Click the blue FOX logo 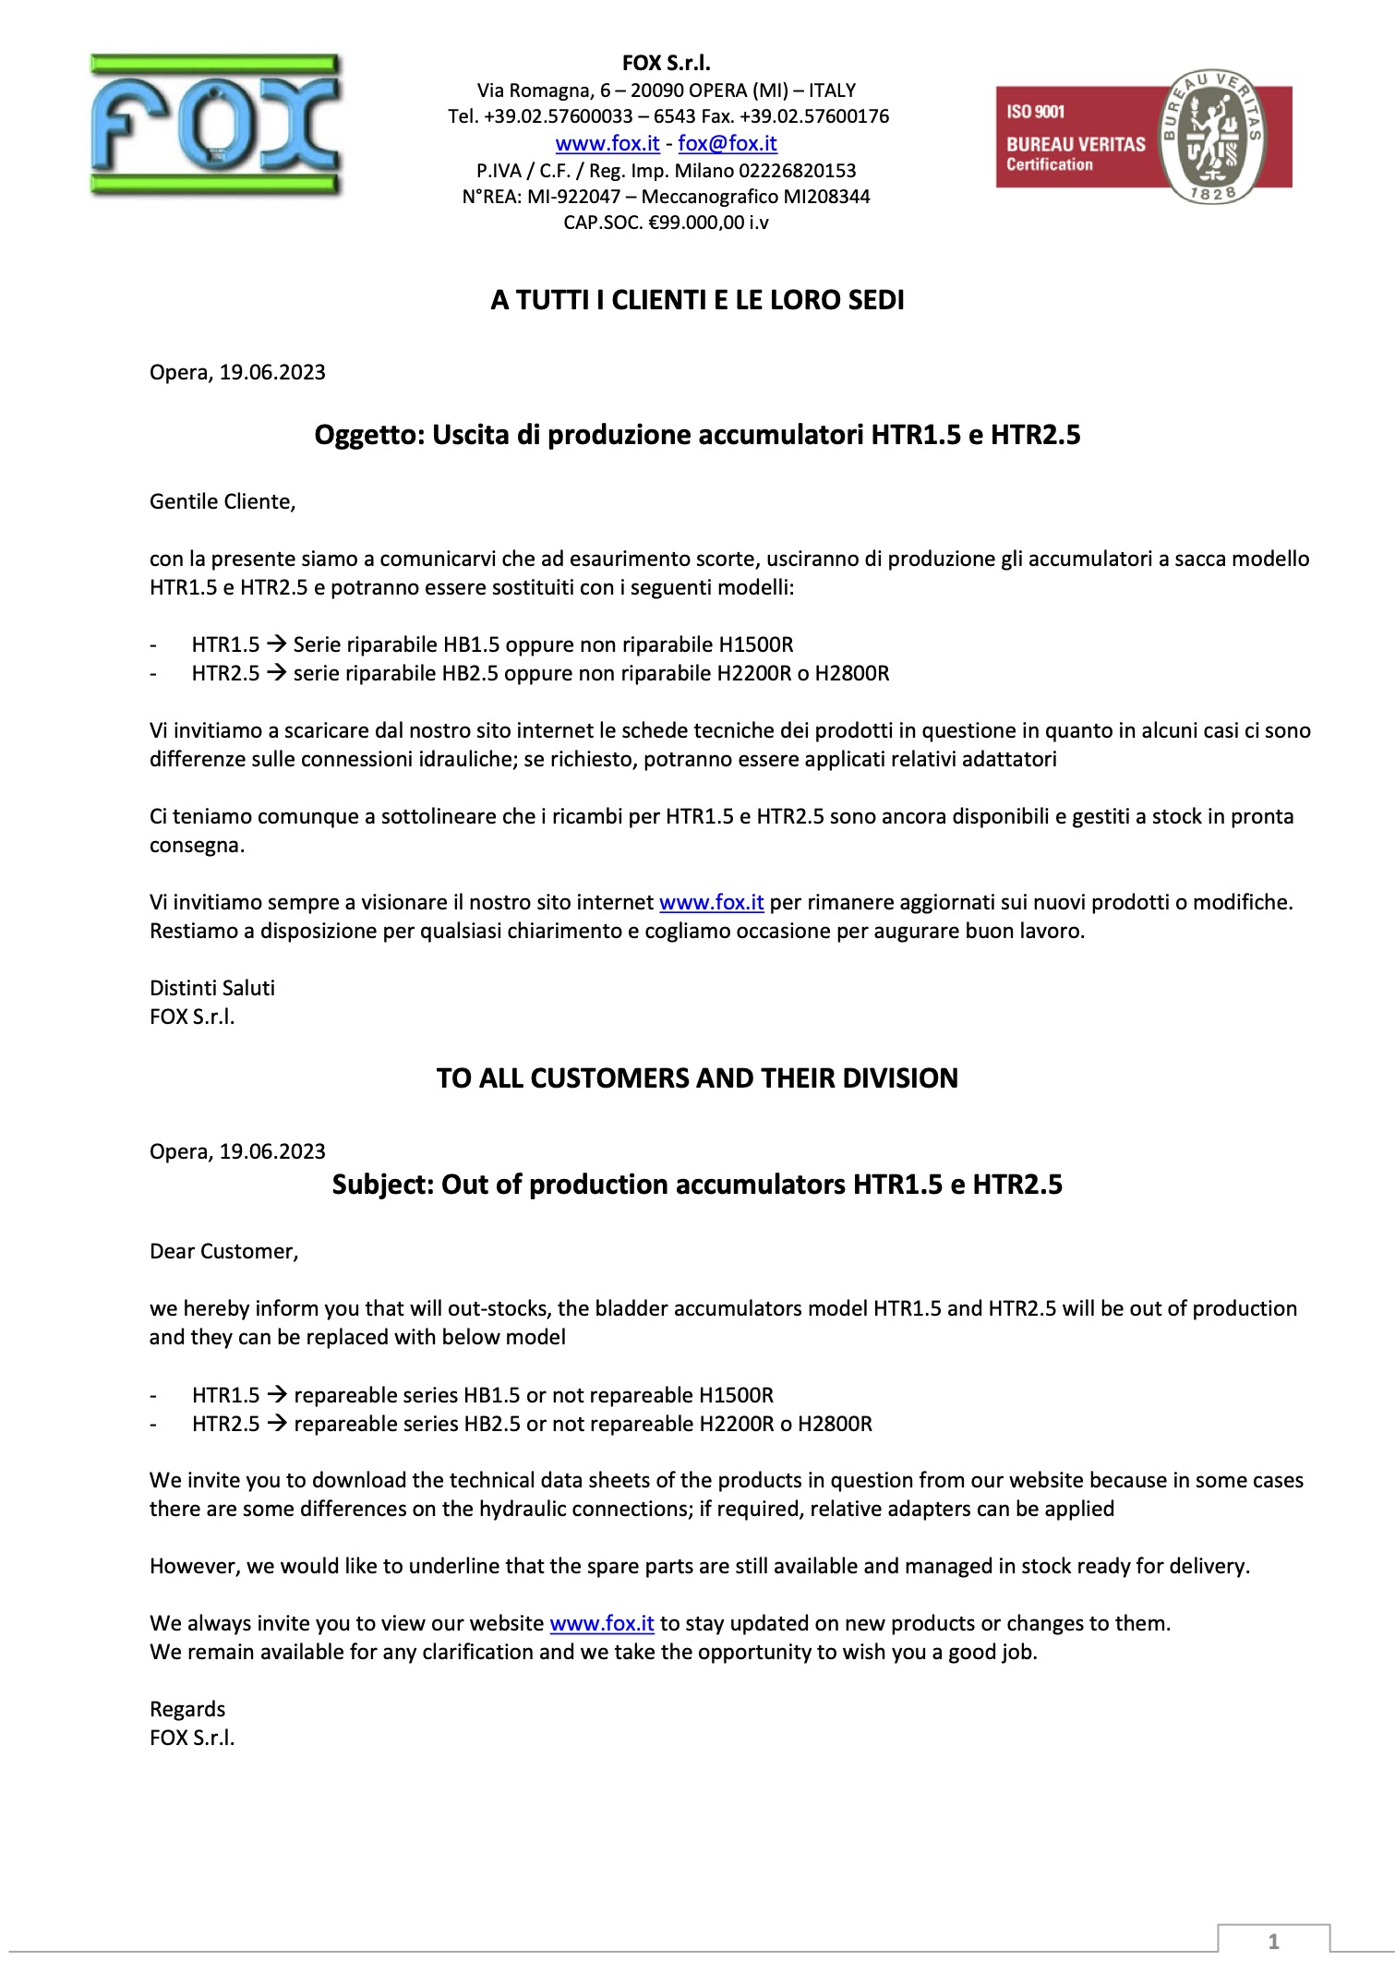coord(215,125)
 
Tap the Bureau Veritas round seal coord(1209,137)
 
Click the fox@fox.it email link coord(727,143)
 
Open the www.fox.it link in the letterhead coord(607,143)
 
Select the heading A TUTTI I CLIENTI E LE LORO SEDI coord(697,300)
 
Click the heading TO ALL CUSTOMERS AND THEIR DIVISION coord(697,1077)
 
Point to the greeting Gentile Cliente coord(222,501)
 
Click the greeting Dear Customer coord(223,1251)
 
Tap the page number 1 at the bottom coord(1273,1941)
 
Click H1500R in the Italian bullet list coord(755,644)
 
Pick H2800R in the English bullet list coord(835,1424)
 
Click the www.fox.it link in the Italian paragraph coord(711,902)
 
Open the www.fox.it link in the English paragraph coord(601,1623)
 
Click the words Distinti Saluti coord(212,988)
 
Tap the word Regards coord(187,1709)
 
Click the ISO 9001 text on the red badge coord(1035,112)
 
